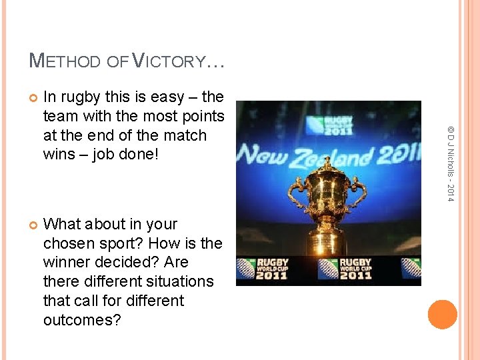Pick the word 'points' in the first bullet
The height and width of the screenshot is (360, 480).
pyautogui.click(x=203, y=116)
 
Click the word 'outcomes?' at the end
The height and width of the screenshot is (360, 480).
pyautogui.click(x=82, y=320)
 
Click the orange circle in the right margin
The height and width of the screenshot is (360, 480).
pyautogui.click(x=442, y=315)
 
